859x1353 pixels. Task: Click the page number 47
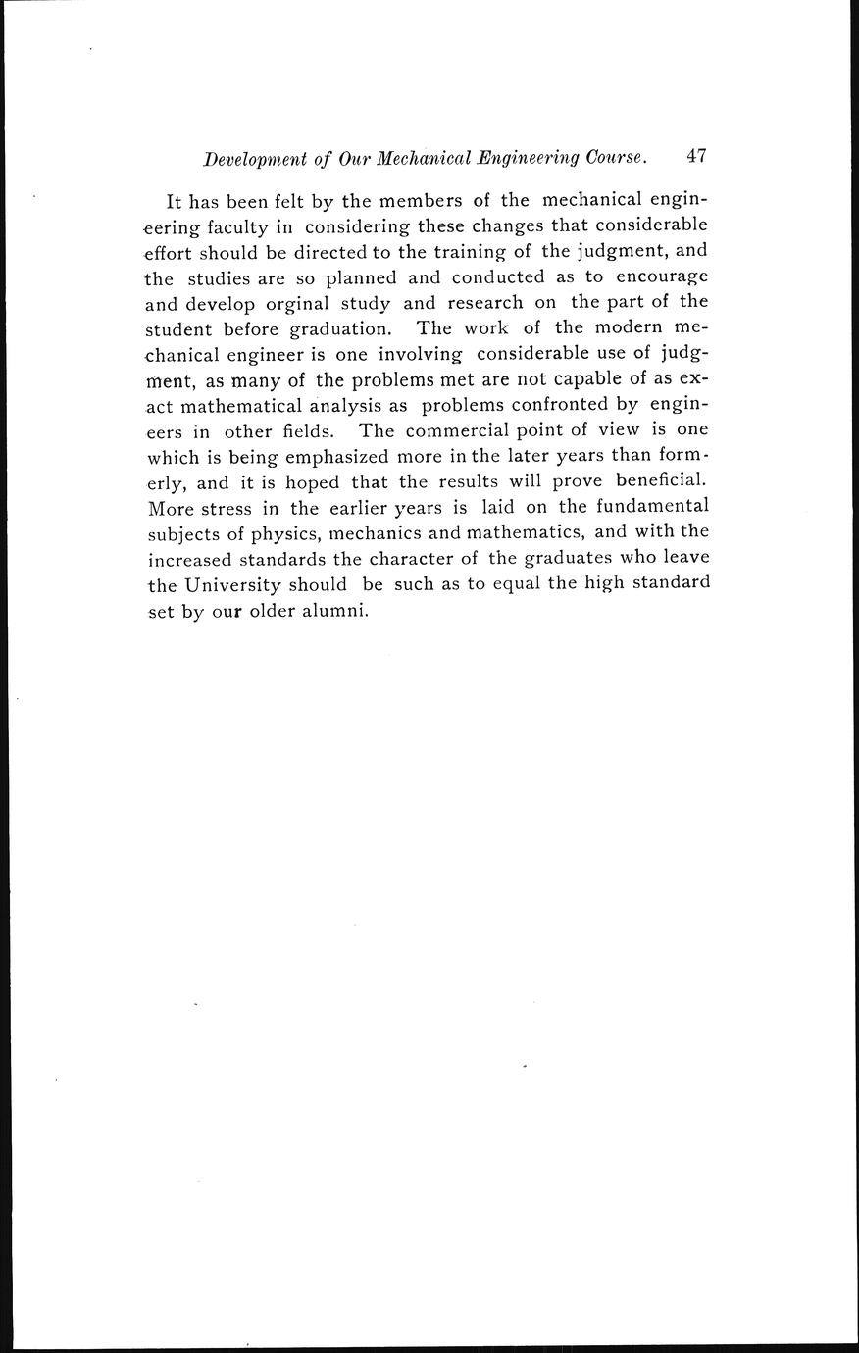pyautogui.click(x=697, y=156)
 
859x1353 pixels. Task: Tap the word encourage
pyautogui.click(x=660, y=277)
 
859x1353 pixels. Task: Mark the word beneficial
pyautogui.click(x=662, y=481)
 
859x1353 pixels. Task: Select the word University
pyautogui.click(x=230, y=585)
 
